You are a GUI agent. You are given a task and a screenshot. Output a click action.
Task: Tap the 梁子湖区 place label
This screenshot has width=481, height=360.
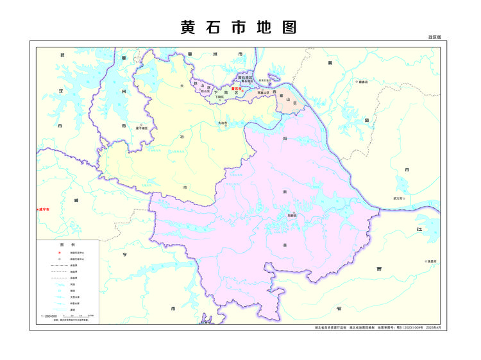[x=142, y=128]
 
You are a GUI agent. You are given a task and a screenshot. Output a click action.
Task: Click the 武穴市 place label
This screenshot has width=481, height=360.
[x=400, y=199]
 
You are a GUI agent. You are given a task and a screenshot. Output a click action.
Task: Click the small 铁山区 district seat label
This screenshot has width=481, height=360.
[x=205, y=92]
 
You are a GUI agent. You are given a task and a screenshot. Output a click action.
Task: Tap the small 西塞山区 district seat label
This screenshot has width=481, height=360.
[x=263, y=93]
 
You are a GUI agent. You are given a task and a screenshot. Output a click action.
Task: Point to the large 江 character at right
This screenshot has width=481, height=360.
[x=419, y=229]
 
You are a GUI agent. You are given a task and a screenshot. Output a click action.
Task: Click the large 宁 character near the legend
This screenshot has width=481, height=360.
[x=125, y=255]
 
